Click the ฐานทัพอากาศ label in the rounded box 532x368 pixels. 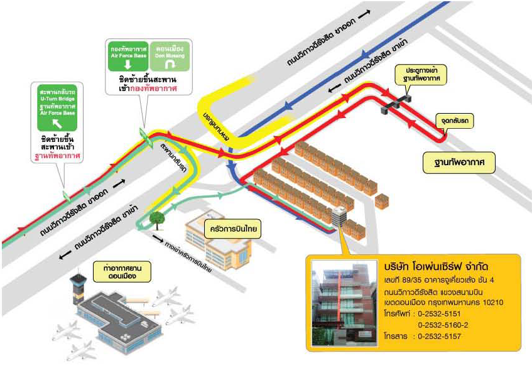point(459,163)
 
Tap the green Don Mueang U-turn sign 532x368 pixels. point(171,56)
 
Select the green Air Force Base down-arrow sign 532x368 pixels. point(129,56)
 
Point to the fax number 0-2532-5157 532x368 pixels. point(442,337)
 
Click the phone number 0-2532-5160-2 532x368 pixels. point(447,325)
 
